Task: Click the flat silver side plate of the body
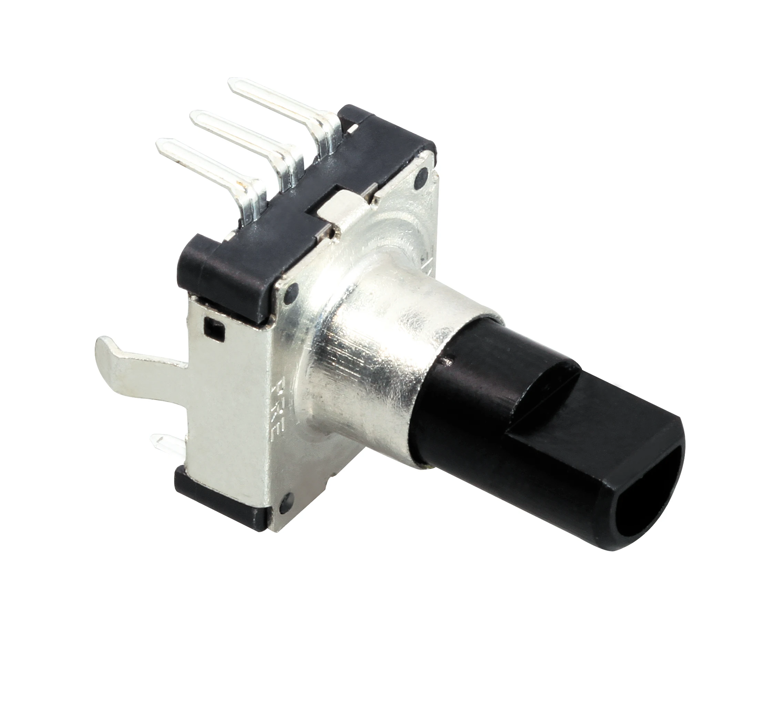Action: (x=230, y=402)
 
